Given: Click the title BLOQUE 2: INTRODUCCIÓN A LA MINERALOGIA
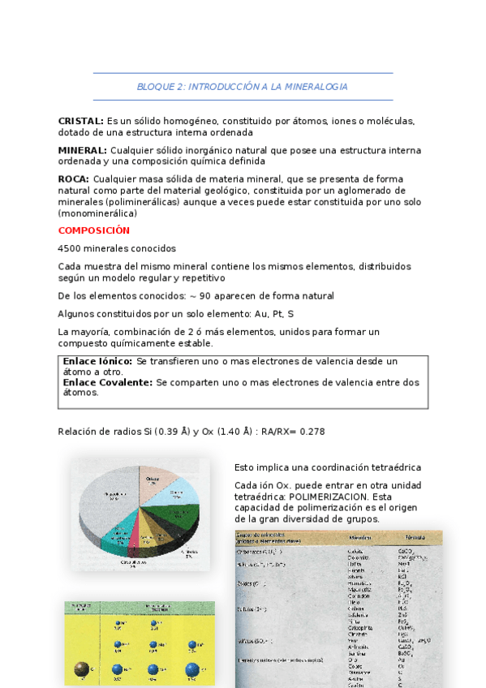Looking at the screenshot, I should click(242, 86).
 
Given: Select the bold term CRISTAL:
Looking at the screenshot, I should click(80, 121).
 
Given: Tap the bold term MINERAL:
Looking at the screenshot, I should click(82, 150).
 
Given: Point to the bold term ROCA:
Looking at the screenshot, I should click(74, 178).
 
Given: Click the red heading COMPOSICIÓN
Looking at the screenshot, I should click(94, 230).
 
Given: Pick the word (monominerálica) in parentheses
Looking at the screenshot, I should click(97, 213).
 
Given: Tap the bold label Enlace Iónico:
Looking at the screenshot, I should click(98, 361).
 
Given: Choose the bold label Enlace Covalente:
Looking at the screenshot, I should click(108, 381).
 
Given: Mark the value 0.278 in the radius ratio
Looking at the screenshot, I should click(312, 432).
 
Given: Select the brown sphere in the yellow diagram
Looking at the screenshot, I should click(81, 669).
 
